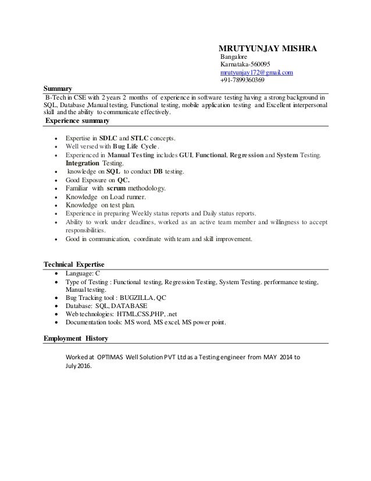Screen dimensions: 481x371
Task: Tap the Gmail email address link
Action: tap(256, 72)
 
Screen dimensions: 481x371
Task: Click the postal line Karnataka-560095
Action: tap(245, 64)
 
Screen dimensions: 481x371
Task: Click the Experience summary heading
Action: tap(76, 121)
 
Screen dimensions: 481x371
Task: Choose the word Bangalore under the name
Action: tap(234, 56)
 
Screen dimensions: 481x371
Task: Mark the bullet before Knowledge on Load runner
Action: tap(55, 197)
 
